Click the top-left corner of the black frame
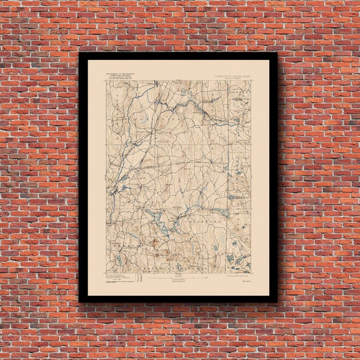click(x=79, y=53)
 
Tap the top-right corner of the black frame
click(x=277, y=53)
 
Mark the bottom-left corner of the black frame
click(x=79, y=302)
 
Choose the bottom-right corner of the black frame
click(x=277, y=302)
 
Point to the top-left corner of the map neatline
click(x=107, y=80)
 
